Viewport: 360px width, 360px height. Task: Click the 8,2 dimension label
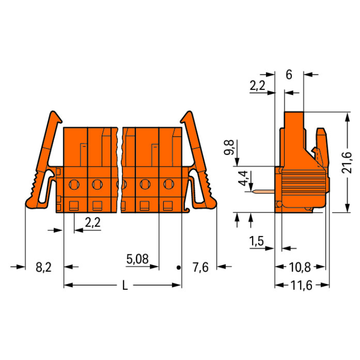44,267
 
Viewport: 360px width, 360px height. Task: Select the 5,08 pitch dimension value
138,259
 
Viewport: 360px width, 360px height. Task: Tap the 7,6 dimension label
201,267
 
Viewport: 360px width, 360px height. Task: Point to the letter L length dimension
125,286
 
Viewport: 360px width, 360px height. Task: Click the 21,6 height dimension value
346,162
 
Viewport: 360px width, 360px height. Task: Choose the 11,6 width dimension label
301,286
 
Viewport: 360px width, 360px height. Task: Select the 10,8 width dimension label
300,267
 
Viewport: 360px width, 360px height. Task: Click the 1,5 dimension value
257,241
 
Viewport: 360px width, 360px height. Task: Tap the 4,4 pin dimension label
243,178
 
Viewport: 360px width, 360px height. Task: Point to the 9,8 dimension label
229,147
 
